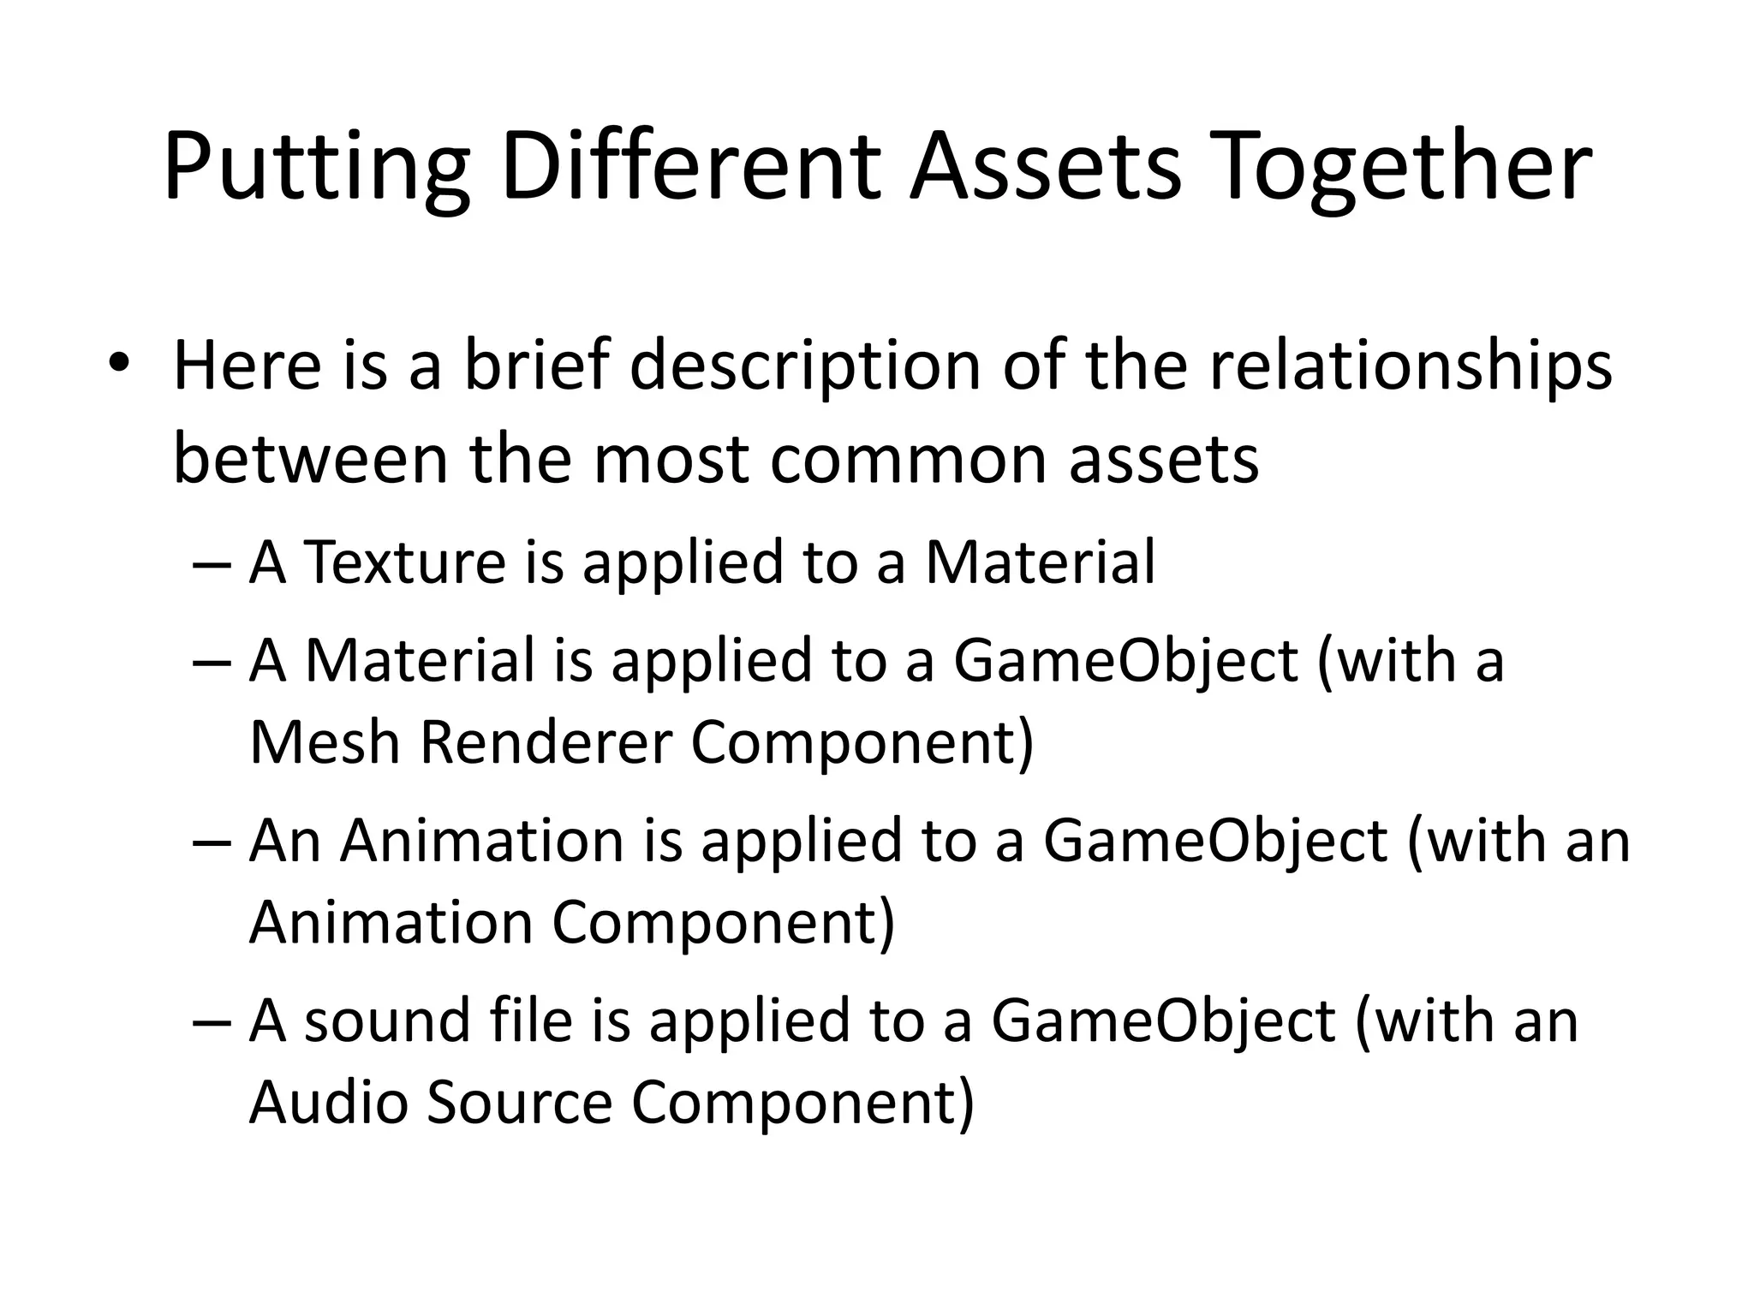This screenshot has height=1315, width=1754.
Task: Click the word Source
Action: (519, 1102)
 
